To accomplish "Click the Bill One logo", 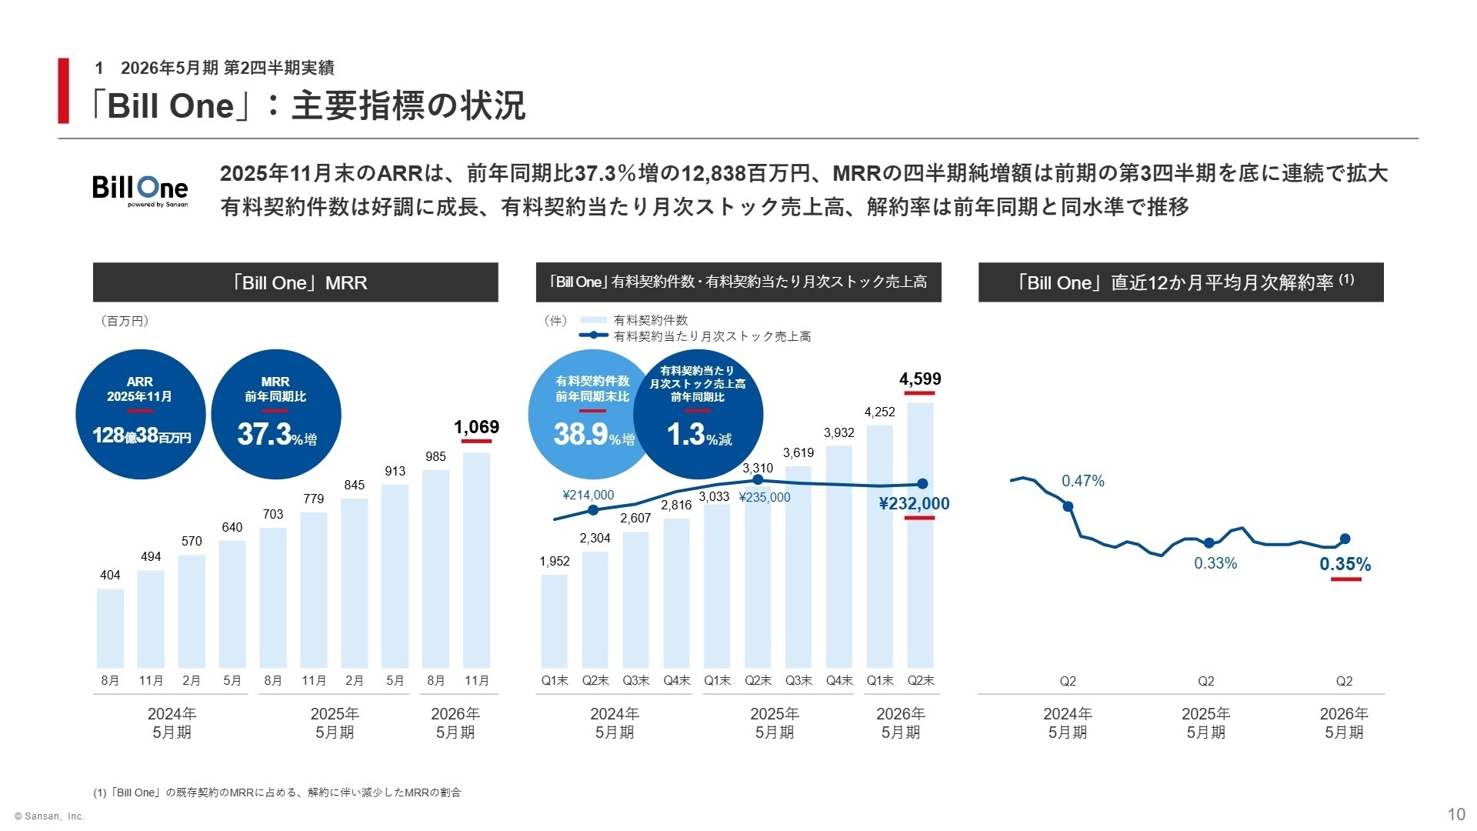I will click(x=140, y=189).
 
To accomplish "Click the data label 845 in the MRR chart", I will click(x=355, y=485).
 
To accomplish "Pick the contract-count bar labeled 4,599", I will click(x=920, y=539).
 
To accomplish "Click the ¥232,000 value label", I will click(x=914, y=504).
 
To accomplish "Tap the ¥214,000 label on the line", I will click(x=588, y=496).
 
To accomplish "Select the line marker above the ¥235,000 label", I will click(x=758, y=480).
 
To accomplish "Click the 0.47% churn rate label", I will click(x=1082, y=481).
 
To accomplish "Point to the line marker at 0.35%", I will click(x=1345, y=539).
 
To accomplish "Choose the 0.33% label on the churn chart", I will click(x=1215, y=563).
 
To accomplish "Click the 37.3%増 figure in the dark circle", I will click(x=276, y=436).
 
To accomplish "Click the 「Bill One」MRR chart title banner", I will click(x=295, y=282).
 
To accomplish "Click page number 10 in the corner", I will click(x=1455, y=814).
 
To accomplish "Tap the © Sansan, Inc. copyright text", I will click(x=48, y=816).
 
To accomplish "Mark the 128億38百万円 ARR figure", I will click(x=142, y=436).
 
